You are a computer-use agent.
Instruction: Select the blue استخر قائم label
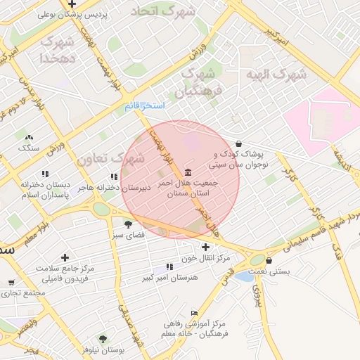[x=144, y=105]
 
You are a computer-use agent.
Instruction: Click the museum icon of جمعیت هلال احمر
[x=188, y=172]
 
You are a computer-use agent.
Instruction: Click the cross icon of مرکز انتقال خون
[x=205, y=247]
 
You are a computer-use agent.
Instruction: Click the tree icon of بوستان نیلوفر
[x=103, y=339]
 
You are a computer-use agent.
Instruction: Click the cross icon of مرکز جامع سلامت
[x=65, y=257]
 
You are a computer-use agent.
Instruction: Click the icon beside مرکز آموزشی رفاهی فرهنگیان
[x=195, y=314]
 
